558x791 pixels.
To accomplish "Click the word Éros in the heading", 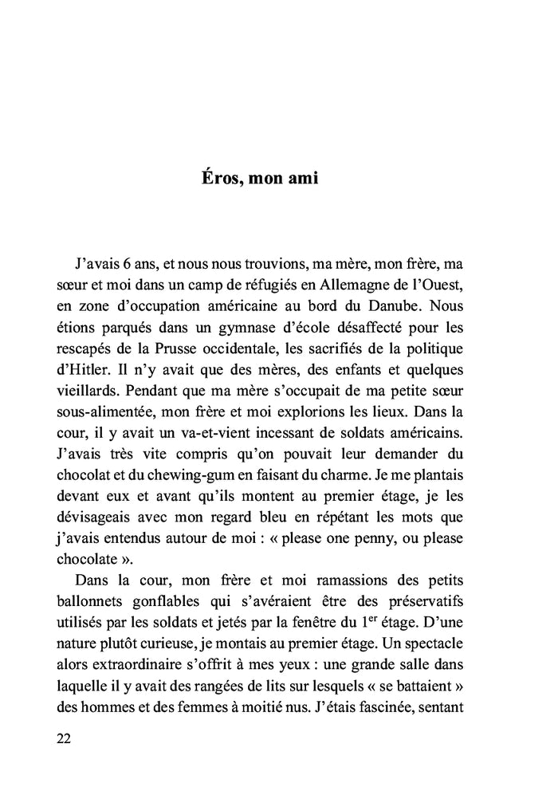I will pos(219,178).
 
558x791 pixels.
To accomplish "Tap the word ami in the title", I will pos(301,178).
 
